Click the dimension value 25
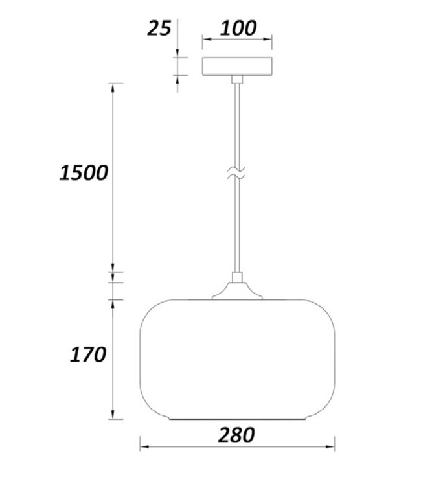[x=159, y=28]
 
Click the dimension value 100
[x=238, y=28]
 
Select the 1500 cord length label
[x=84, y=172]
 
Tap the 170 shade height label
[x=88, y=354]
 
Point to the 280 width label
[x=236, y=435]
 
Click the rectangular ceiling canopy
[x=237, y=66]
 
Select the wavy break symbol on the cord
[x=236, y=173]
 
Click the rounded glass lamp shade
[x=237, y=360]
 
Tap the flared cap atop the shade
[x=237, y=292]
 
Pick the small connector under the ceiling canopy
[x=237, y=79]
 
